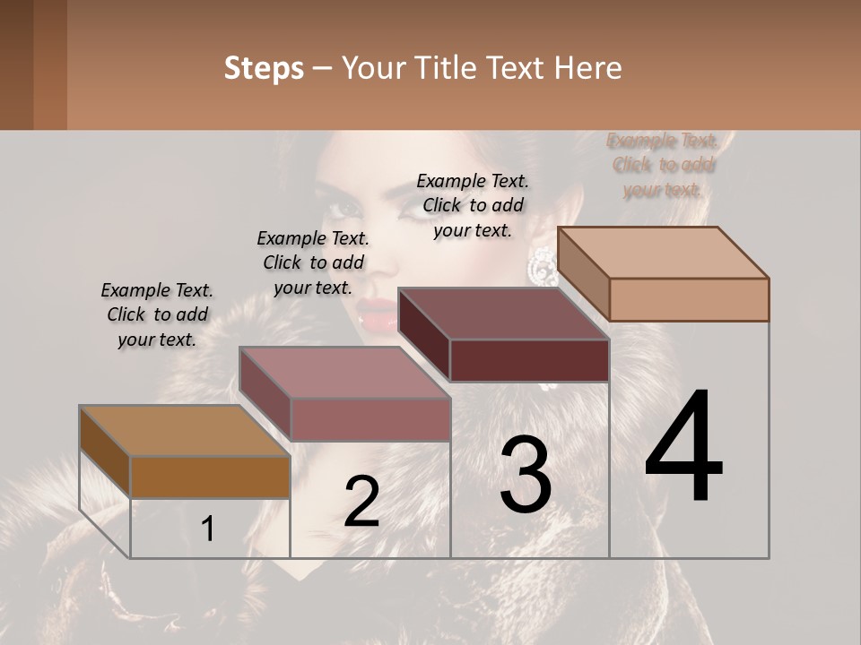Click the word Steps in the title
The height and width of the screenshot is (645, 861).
click(x=264, y=68)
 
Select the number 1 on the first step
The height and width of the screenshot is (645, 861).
click(x=207, y=529)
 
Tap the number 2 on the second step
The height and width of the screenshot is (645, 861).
click(x=361, y=502)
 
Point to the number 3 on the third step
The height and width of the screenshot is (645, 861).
click(x=525, y=475)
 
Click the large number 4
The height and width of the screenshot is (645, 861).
click(x=683, y=447)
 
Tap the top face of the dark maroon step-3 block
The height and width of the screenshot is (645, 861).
click(x=502, y=314)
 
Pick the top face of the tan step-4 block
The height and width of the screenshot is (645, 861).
click(x=662, y=252)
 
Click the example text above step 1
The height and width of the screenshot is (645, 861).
click(x=157, y=315)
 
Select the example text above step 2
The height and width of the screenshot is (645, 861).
click(x=313, y=263)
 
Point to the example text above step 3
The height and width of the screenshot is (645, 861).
click(x=473, y=205)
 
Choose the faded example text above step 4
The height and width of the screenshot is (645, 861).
click(x=663, y=165)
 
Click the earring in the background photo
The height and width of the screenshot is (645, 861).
click(x=541, y=265)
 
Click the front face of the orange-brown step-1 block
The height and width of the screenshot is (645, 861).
click(x=210, y=477)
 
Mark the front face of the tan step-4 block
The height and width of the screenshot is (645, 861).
click(x=689, y=299)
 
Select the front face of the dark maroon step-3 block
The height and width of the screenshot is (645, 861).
click(x=529, y=361)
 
